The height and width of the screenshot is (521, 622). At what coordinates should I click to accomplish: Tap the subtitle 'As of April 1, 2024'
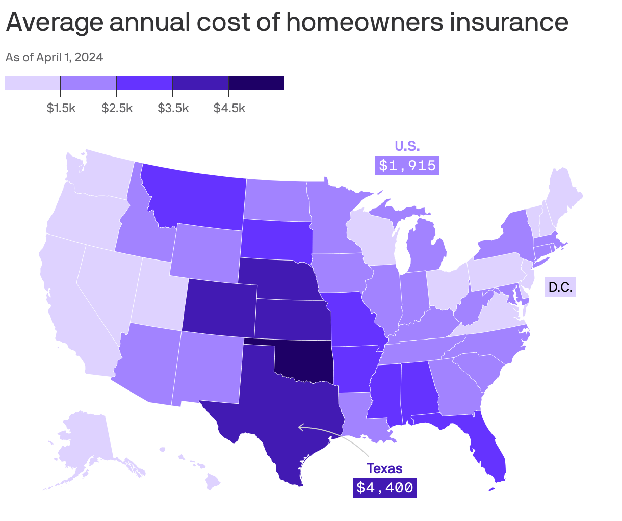tap(54, 57)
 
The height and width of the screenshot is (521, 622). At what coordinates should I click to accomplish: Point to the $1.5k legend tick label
tap(61, 108)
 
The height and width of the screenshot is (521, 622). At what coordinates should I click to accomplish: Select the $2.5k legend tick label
tap(117, 108)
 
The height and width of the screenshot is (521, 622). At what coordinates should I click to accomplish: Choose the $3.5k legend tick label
tap(173, 108)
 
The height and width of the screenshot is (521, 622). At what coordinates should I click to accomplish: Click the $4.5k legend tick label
tap(229, 108)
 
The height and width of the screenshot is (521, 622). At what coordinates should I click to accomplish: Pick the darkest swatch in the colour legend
tap(256, 83)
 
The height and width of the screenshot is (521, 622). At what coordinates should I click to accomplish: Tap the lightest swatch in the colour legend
tap(33, 83)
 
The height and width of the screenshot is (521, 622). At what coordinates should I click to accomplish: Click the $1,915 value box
tap(407, 166)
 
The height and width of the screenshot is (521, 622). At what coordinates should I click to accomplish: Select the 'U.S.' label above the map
tap(407, 147)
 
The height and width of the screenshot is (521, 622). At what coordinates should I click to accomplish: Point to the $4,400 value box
tap(384, 488)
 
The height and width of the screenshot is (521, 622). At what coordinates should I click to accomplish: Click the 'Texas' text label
tap(384, 468)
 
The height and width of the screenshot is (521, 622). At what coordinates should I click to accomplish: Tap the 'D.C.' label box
tap(560, 288)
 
